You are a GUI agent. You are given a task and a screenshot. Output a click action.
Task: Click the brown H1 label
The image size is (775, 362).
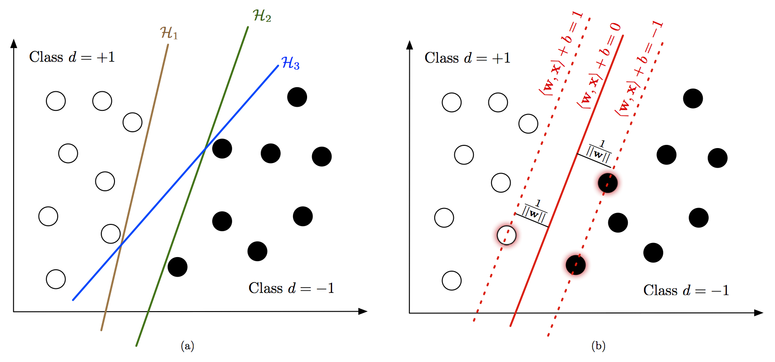(x=169, y=33)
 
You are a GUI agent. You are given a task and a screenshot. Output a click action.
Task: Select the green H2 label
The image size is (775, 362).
(x=262, y=16)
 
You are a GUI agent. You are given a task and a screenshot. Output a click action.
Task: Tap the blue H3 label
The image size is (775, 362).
(x=290, y=63)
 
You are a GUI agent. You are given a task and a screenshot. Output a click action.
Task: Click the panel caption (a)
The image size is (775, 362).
(x=187, y=346)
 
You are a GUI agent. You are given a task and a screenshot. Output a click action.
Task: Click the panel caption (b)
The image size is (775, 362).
(x=598, y=346)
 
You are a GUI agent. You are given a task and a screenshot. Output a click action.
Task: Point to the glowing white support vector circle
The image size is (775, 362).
(x=507, y=235)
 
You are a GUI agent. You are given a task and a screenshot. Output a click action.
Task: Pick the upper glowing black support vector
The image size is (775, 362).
(x=608, y=183)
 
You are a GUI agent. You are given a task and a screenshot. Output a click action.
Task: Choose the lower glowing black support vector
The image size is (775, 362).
(x=576, y=265)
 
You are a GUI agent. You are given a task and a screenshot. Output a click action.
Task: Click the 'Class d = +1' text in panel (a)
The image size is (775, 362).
(x=72, y=57)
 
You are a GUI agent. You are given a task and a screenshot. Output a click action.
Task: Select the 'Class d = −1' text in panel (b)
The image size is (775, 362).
(x=686, y=290)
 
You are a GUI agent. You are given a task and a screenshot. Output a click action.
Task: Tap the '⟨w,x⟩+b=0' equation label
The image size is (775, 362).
(x=599, y=66)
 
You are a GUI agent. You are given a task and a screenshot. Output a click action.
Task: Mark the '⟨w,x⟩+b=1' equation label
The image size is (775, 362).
(x=561, y=53)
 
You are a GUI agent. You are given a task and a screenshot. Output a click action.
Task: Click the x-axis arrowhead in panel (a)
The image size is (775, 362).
(x=363, y=311)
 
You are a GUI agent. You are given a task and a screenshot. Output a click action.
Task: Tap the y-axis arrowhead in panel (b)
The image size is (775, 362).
(x=410, y=45)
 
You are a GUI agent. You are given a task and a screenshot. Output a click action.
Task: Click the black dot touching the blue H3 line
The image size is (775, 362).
(x=222, y=149)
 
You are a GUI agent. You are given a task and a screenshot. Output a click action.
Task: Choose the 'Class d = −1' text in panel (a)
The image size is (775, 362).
(x=291, y=288)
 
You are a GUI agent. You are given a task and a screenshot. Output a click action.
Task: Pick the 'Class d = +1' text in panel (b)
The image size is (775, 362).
(x=467, y=58)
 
